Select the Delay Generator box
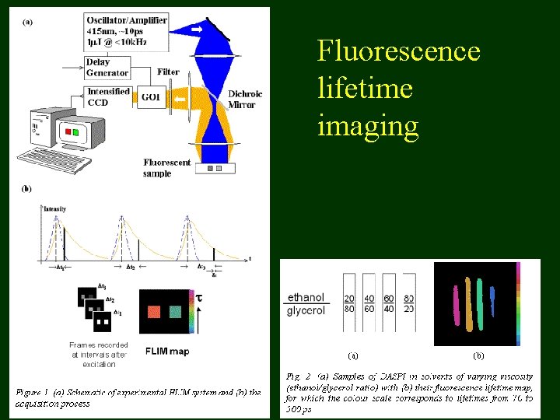tap(107, 68)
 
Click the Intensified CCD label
tap(109, 96)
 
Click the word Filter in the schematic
tap(168, 72)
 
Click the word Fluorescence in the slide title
tap(398, 52)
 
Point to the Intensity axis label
tap(54, 209)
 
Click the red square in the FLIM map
tap(154, 311)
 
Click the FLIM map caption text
tap(166, 351)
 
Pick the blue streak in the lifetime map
tap(492, 298)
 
